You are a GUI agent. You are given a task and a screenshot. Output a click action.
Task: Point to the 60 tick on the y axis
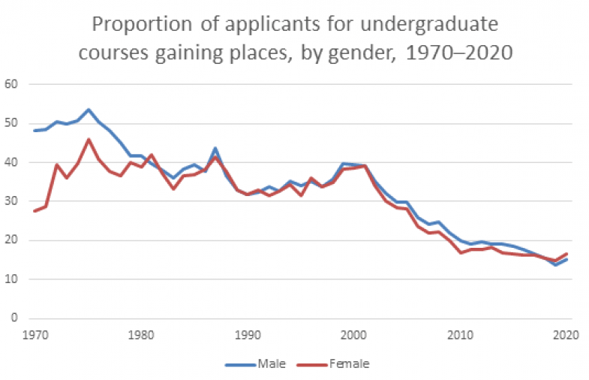tap(11, 84)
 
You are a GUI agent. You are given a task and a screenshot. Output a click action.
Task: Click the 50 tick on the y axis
tap(11, 123)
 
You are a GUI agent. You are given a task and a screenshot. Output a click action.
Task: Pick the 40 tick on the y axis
tap(11, 162)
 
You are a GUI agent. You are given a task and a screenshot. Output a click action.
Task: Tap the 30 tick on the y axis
tap(11, 201)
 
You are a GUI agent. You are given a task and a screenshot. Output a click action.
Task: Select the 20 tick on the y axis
tap(11, 240)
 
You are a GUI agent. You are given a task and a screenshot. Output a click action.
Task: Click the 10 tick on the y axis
tap(11, 279)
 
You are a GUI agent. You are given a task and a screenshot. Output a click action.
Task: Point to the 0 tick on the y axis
tap(14, 318)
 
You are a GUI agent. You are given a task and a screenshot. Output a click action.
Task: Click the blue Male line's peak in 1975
tap(89, 110)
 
